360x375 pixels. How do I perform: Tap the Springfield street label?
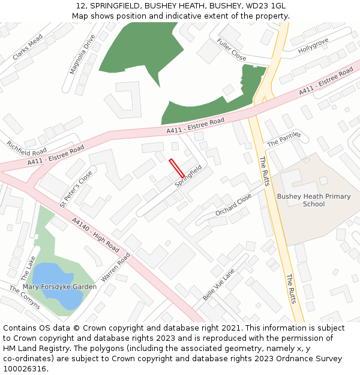pyautogui.click(x=188, y=178)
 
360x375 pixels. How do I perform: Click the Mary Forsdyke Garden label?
pyautogui.click(x=68, y=287)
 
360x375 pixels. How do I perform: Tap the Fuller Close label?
pyautogui.click(x=232, y=50)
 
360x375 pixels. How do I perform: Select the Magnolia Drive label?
pyautogui.click(x=82, y=55)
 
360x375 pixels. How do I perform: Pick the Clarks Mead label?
pyautogui.click(x=28, y=47)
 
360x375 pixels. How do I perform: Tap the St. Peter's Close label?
pyautogui.click(x=76, y=189)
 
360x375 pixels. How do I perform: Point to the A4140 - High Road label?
pyautogui.click(x=95, y=233)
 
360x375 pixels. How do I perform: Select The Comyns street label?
pyautogui.click(x=25, y=297)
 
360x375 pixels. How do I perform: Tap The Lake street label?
pyautogui.click(x=28, y=268)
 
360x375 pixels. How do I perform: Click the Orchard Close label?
pyautogui.click(x=233, y=205)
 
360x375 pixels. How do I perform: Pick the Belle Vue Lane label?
pyautogui.click(x=219, y=284)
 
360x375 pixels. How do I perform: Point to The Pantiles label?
pyautogui.click(x=283, y=139)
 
